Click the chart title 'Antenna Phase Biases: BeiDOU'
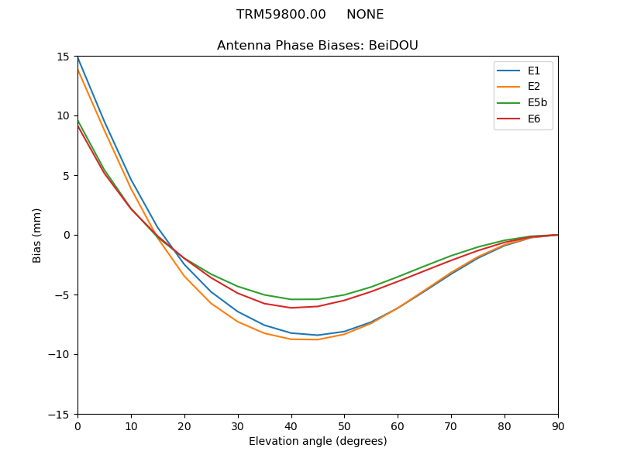coord(318,46)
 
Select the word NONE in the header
coord(365,15)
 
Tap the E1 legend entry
coord(534,71)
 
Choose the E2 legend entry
coord(534,87)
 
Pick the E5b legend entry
coord(538,103)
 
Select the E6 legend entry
coord(534,119)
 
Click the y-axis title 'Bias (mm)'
coord(37,235)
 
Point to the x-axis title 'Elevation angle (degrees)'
coord(318,442)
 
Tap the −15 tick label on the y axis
coord(60,414)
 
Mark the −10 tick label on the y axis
coord(60,354)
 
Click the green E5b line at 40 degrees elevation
coord(291,299)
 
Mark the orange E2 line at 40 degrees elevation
coord(291,339)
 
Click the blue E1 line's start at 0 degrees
coord(78,58)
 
